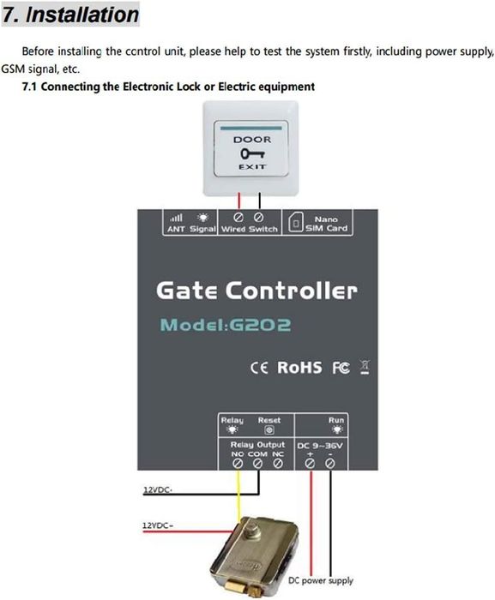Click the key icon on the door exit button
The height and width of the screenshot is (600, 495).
[252, 153]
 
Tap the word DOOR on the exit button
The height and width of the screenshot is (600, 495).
[252, 140]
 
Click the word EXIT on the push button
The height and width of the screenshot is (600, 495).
[252, 167]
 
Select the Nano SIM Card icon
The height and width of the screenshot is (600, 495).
[295, 223]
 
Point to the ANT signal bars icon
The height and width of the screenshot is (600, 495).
[176, 218]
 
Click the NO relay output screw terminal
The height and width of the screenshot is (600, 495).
[238, 464]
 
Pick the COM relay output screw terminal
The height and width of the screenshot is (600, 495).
[258, 464]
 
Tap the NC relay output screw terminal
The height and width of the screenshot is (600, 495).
[278, 464]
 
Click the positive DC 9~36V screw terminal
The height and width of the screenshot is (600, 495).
[310, 464]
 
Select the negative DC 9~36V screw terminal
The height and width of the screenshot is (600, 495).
[330, 464]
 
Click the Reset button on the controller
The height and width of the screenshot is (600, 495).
[269, 430]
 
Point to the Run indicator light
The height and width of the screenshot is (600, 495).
[337, 429]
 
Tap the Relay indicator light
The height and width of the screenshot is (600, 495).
[232, 429]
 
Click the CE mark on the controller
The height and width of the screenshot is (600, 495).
[259, 368]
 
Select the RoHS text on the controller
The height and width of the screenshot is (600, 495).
[299, 368]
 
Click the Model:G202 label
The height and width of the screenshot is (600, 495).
[226, 325]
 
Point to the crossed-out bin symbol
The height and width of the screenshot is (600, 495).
[365, 368]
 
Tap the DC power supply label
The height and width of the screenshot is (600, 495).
[321, 580]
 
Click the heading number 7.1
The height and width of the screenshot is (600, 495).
[29, 87]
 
